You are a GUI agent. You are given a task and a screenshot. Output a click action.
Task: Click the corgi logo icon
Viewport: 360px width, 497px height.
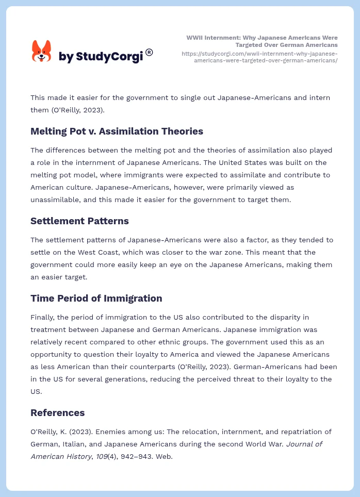pyautogui.click(x=42, y=52)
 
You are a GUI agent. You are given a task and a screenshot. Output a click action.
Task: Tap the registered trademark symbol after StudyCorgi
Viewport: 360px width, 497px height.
pyautogui.click(x=149, y=52)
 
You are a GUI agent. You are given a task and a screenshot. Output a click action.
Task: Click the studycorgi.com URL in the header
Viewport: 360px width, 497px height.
pyautogui.click(x=259, y=57)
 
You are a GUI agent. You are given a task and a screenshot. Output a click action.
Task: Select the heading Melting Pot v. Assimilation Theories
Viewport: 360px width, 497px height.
pyautogui.click(x=117, y=131)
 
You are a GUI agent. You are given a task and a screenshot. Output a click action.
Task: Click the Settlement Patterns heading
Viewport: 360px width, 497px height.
pyautogui.click(x=79, y=221)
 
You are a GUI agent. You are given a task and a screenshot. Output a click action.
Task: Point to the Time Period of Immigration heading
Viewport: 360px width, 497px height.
pyautogui.click(x=96, y=299)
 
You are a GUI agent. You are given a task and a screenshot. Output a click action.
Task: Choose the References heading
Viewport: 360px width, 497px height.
pyautogui.click(x=57, y=413)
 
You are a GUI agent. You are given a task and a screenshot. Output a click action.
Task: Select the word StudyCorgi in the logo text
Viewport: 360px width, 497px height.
pyautogui.click(x=109, y=57)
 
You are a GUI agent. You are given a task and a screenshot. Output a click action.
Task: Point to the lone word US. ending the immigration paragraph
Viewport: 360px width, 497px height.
pyautogui.click(x=36, y=391)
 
